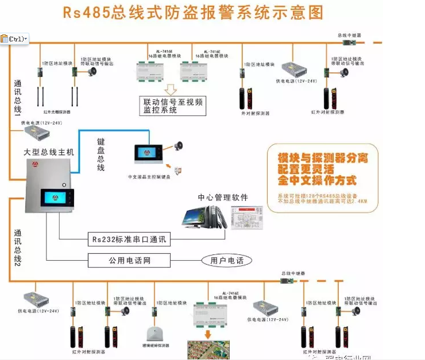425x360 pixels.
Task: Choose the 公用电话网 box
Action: pyautogui.click(x=129, y=260)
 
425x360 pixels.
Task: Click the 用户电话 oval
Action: pyautogui.click(x=226, y=260)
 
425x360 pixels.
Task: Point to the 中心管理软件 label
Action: pyautogui.click(x=223, y=198)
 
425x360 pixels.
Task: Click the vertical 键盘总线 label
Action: pyautogui.click(x=101, y=154)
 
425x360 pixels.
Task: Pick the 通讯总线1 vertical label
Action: pyautogui.click(x=17, y=97)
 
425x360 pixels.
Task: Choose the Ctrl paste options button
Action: pyautogui.click(x=14, y=38)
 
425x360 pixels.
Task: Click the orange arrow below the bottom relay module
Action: pyautogui.click(x=207, y=335)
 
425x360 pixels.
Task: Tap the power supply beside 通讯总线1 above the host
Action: pyautogui.click(x=36, y=133)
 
